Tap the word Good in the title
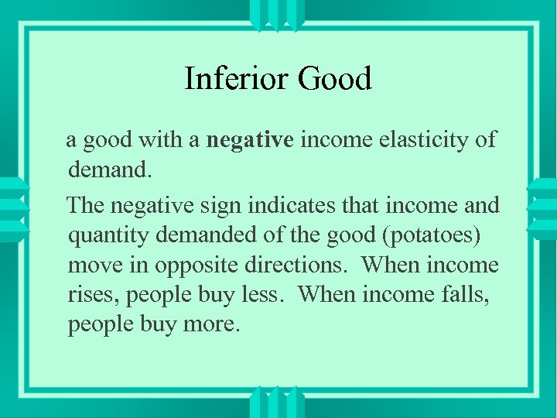(x=334, y=78)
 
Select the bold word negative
(x=250, y=140)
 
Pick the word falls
(x=464, y=293)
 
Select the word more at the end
(x=211, y=324)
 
